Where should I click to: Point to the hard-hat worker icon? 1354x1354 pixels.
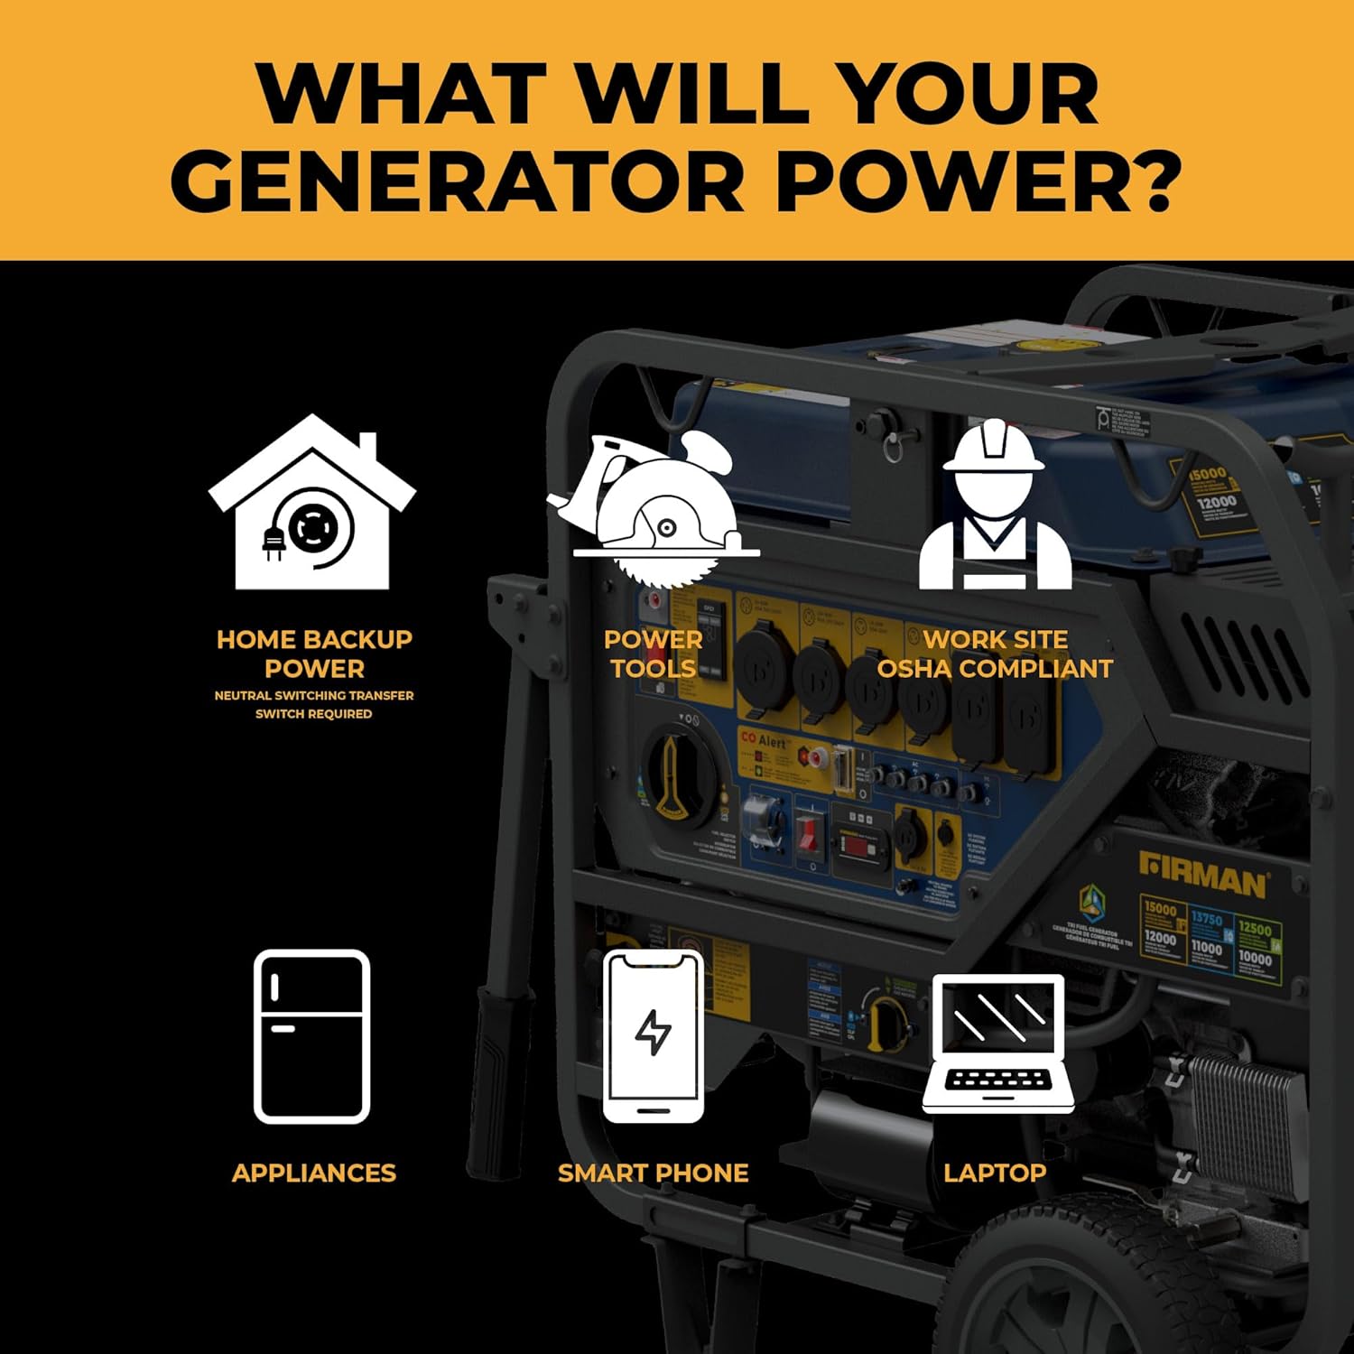pos(994,505)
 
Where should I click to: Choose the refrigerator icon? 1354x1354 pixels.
pos(312,1036)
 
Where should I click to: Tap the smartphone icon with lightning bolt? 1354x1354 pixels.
pos(653,1035)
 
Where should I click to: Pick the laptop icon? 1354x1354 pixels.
pos(997,1043)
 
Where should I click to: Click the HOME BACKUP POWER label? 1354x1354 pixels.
pos(314,654)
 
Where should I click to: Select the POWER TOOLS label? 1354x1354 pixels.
pos(653,654)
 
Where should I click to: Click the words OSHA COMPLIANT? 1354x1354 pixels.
pos(995,669)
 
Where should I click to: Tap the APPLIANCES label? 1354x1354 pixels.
pos(313,1173)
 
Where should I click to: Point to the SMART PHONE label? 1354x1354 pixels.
pos(653,1173)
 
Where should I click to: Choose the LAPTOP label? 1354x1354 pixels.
pos(995,1173)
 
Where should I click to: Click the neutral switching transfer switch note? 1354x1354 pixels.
pos(313,704)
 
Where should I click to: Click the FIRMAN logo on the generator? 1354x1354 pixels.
pos(1204,874)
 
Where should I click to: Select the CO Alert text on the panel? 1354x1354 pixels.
pos(764,739)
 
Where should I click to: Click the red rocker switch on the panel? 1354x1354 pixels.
pos(806,831)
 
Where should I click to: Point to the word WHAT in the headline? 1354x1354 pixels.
pos(401,93)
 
